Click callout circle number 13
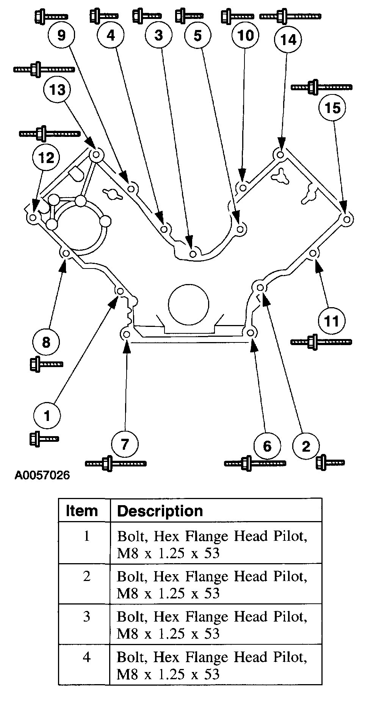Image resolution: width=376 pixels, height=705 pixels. (x=58, y=89)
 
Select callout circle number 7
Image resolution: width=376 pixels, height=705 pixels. (x=125, y=444)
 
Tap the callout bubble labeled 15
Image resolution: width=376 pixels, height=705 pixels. (x=332, y=108)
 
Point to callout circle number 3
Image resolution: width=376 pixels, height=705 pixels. (x=159, y=35)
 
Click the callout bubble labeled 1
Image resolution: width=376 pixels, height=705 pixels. (x=47, y=416)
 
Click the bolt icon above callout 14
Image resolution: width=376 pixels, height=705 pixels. (x=290, y=16)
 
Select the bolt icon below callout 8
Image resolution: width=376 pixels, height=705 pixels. (x=46, y=364)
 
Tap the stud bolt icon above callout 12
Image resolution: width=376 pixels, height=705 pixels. (x=49, y=133)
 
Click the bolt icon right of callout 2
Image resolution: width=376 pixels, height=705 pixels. (x=330, y=462)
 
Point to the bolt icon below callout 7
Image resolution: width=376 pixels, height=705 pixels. (x=116, y=463)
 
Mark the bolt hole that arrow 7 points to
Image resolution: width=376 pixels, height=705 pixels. (x=126, y=334)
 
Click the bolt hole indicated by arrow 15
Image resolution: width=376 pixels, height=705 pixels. (x=346, y=219)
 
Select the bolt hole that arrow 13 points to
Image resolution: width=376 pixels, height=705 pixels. (x=96, y=154)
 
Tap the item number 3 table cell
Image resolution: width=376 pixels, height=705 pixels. (x=87, y=616)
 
